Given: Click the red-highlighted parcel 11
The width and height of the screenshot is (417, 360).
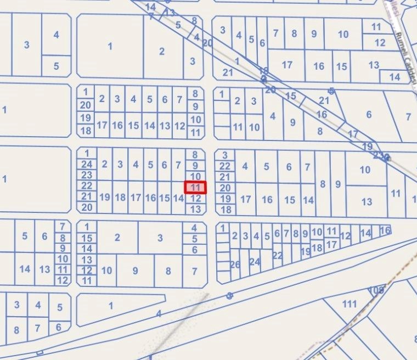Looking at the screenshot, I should pos(195,188).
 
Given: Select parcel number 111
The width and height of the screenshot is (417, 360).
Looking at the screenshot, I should pos(349,304).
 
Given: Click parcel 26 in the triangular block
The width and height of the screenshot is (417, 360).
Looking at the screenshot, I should pos(235,265).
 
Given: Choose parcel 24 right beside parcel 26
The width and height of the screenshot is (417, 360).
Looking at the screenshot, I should pos(255,262).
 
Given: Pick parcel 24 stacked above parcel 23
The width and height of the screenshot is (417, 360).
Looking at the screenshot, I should pos(87,164).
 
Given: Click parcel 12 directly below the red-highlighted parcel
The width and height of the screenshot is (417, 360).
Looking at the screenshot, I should pos(195,198).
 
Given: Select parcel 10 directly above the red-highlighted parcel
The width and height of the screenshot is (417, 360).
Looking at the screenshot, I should pos(195,176).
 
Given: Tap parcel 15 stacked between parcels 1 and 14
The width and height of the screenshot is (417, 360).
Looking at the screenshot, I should pos(87,238).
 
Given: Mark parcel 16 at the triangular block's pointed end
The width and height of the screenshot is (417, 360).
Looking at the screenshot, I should pos(385,230).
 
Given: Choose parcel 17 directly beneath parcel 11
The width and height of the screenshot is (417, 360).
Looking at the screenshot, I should pos(331,244).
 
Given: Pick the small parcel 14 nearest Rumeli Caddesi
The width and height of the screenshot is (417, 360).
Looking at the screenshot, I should pos(395,77).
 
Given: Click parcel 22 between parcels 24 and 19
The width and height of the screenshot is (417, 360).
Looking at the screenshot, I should pos(278,255).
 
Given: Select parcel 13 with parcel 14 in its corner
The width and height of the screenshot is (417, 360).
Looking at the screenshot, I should pos(374,65).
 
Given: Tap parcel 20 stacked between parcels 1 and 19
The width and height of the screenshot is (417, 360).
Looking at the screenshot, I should pos(86,105).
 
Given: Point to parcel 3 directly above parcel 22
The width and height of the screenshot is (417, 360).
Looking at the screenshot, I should pos(225,155).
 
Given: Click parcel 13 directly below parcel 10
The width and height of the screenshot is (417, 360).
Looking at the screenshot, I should pos(367,201).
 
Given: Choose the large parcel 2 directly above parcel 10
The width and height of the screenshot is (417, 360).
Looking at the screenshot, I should pos(117,238).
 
